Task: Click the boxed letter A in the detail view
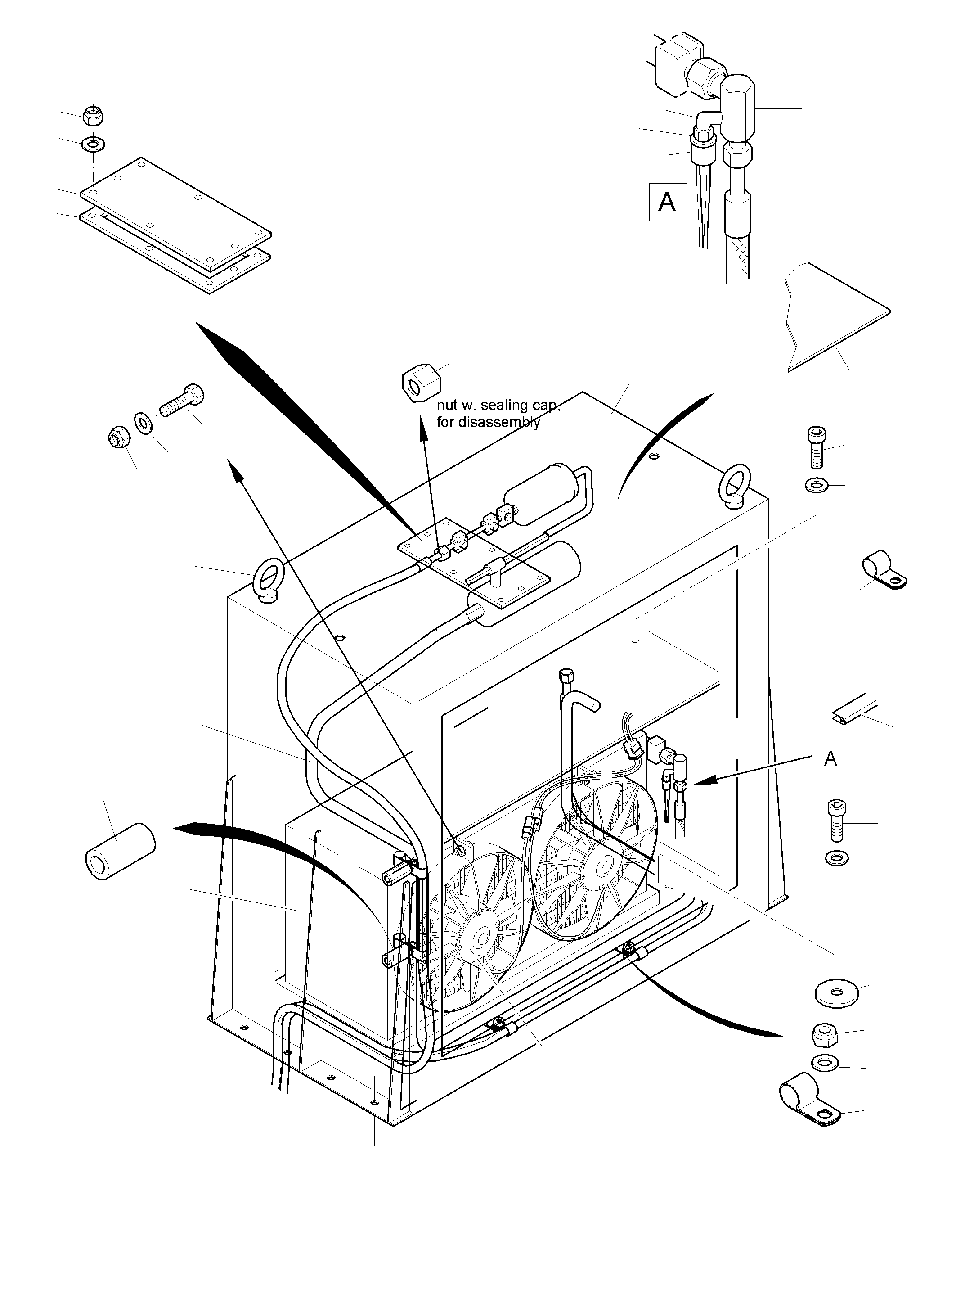pos(667,202)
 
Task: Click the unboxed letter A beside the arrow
pos(830,758)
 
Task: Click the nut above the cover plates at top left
pos(93,115)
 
